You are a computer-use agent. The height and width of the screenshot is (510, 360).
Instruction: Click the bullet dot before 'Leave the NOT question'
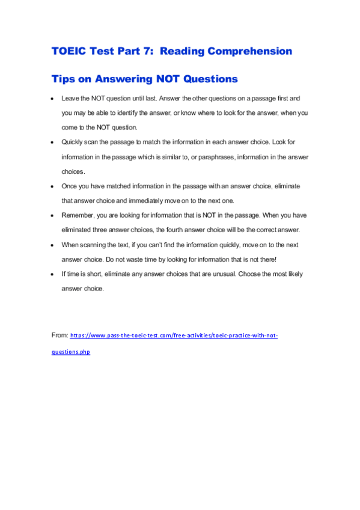53,97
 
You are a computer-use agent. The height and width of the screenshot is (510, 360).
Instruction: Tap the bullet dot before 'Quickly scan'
53,142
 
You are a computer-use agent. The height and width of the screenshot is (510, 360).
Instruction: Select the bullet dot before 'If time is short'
53,274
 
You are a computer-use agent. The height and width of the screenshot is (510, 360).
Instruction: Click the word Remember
78,215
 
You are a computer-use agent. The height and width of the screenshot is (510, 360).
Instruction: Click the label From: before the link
59,334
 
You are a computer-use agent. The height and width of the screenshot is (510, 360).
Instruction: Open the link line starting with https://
174,335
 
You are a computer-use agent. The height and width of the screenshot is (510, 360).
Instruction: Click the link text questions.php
71,352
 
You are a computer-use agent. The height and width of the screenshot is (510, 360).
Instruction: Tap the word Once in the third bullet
69,186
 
